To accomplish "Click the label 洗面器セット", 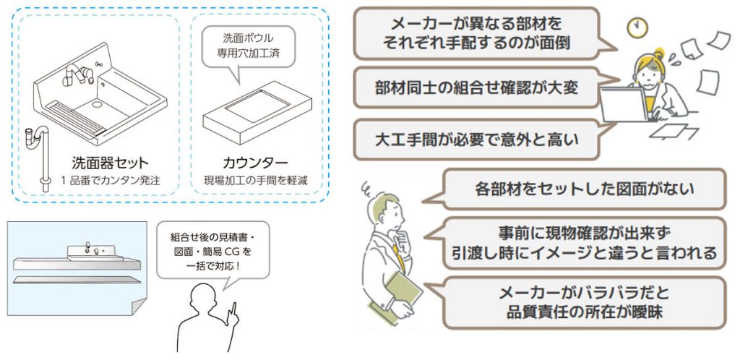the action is tap(110, 163).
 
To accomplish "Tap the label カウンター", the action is tap(255, 163).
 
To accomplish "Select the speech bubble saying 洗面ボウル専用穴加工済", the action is tap(249, 50).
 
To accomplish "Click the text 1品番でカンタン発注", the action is tap(110, 180).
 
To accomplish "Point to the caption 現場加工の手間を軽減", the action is tap(255, 180).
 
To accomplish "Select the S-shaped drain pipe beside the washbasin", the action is tap(40, 155).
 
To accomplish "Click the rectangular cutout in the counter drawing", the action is tap(257, 106).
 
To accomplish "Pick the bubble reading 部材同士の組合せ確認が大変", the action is tap(477, 88).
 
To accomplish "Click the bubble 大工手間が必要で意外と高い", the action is tap(477, 140).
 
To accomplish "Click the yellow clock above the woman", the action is tap(637, 28).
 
